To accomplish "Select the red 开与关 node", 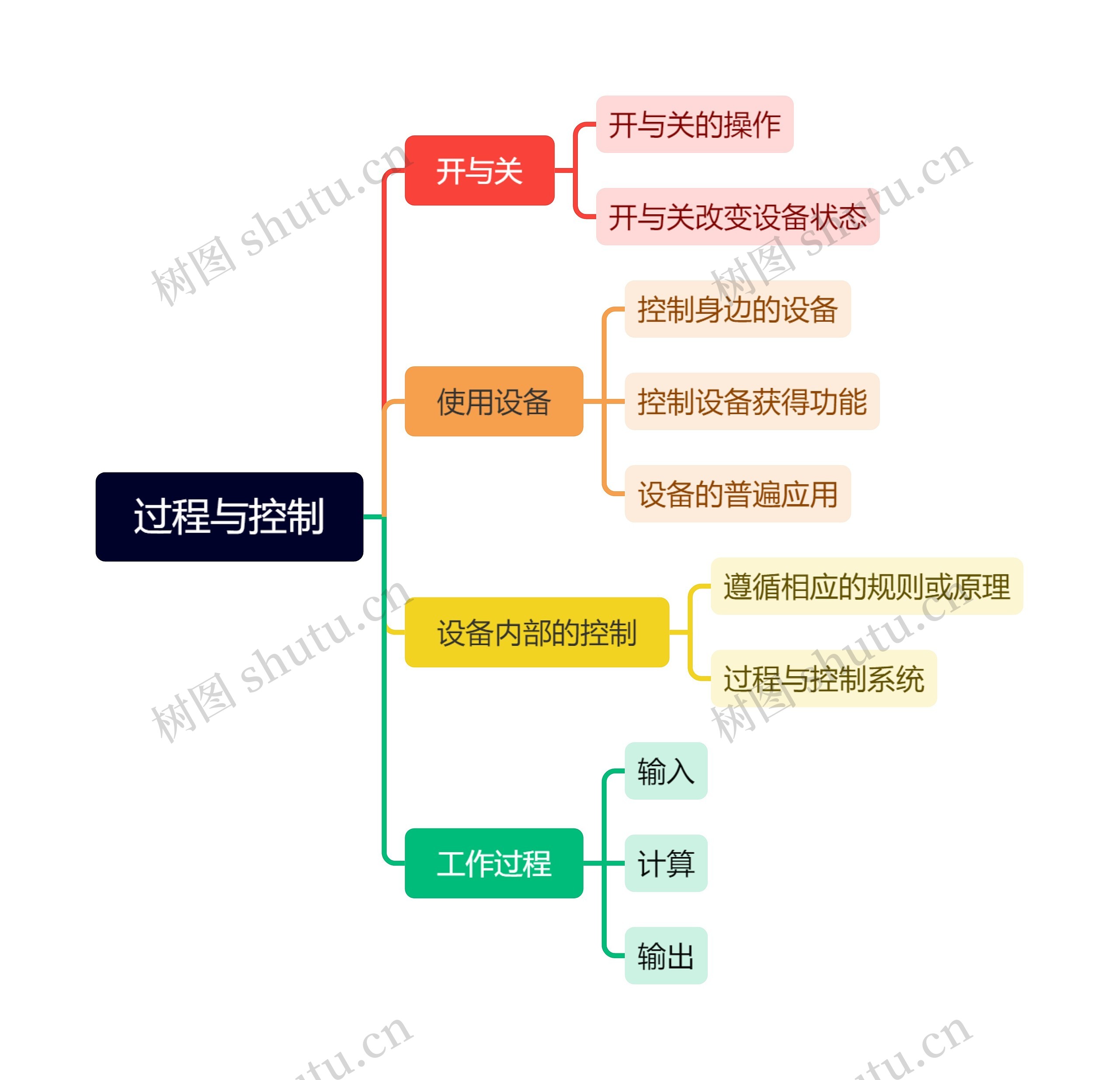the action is (479, 170).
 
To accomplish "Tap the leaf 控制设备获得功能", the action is (751, 401).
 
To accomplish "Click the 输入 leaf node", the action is (666, 771).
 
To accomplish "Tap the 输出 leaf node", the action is (666, 955).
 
